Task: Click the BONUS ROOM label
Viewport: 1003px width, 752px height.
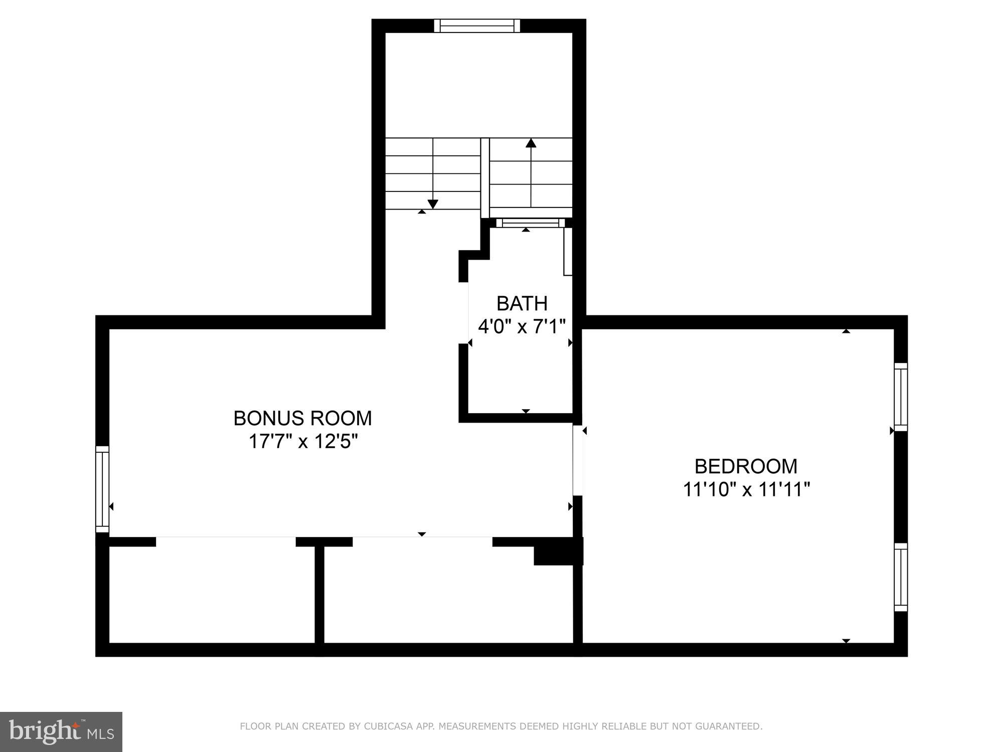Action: point(302,418)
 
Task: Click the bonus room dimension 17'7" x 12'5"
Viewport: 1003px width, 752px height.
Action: point(302,442)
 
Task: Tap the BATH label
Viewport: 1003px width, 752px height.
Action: point(522,304)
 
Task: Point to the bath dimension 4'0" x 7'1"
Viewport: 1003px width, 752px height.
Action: point(522,327)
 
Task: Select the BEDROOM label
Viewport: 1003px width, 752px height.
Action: point(746,467)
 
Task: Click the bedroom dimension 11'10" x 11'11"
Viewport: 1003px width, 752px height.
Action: point(746,489)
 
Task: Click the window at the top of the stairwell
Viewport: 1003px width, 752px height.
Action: point(476,26)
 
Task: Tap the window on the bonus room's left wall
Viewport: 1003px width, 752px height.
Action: point(102,489)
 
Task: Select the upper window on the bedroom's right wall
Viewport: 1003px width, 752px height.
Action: point(901,397)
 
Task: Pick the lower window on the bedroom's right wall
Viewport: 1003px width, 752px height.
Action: point(901,577)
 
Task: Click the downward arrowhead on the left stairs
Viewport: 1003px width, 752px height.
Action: point(433,204)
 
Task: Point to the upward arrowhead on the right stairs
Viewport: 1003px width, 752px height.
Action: point(531,143)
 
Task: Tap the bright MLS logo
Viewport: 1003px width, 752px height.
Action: point(61,731)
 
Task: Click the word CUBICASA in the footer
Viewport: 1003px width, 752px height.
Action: point(386,726)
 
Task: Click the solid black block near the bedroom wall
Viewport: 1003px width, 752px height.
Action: point(558,551)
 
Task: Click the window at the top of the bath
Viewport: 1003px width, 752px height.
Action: point(530,223)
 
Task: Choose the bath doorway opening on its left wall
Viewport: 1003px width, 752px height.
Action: point(464,313)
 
